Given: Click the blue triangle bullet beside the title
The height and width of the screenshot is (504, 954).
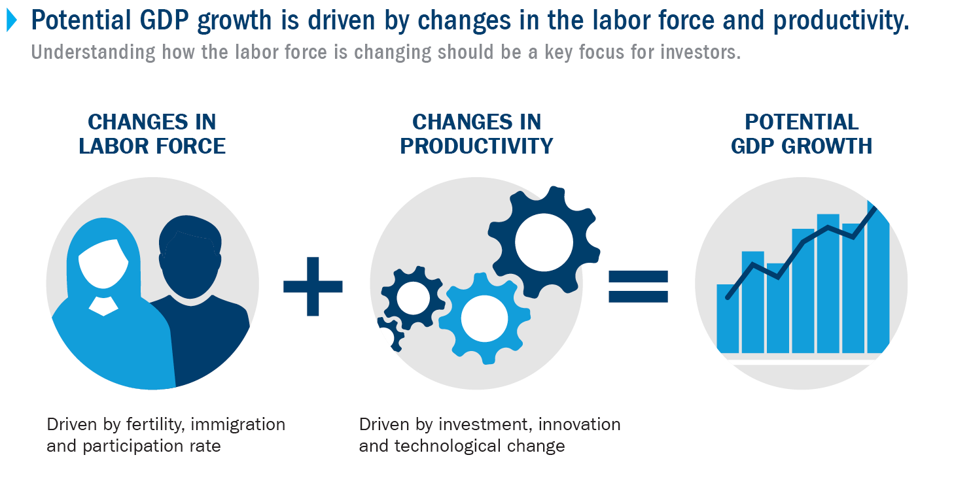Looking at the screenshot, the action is [12, 20].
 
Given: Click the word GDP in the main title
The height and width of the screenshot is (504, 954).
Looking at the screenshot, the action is [164, 20].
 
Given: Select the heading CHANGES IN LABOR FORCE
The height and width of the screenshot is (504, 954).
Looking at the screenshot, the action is [152, 134].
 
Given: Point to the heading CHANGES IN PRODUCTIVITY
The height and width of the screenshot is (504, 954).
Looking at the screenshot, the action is [476, 134].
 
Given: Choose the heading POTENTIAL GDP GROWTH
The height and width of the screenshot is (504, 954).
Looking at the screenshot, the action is [802, 134].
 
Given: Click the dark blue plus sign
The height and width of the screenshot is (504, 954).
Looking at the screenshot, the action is [313, 286].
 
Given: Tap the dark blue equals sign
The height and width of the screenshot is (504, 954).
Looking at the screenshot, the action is [639, 286].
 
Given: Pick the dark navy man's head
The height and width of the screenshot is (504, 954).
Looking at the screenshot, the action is [190, 258].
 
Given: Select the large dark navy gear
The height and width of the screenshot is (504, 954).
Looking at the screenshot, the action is [544, 242].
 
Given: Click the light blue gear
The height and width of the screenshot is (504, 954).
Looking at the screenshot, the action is [485, 318].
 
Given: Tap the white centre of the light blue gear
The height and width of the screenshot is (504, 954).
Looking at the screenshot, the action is [485, 318].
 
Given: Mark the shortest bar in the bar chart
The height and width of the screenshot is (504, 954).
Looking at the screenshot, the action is [728, 318].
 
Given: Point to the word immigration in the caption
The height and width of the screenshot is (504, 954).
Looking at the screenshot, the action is [238, 424].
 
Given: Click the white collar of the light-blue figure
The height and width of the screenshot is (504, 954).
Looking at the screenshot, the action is [103, 306].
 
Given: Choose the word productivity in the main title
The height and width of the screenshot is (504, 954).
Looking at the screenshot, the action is [841, 20].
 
